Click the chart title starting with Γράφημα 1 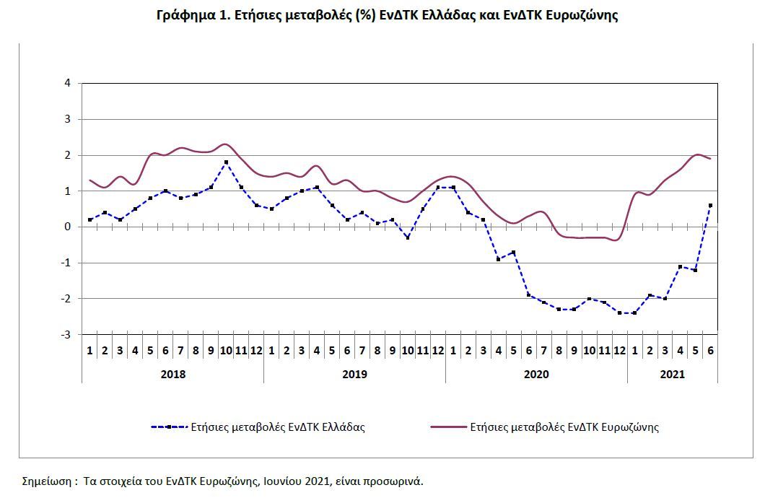[x=387, y=15]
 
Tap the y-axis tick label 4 [x=68, y=83]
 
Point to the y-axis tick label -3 [x=66, y=335]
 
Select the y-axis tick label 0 [x=68, y=227]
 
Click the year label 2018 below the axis [x=172, y=374]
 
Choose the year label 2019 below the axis [x=354, y=374]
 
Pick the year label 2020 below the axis [x=536, y=374]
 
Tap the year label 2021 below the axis [x=673, y=374]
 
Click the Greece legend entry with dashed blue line [x=258, y=427]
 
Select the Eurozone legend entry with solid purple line [x=545, y=427]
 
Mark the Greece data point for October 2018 [x=226, y=162]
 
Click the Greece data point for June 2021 [x=710, y=206]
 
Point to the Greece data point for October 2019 [x=407, y=237]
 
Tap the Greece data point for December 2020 [x=620, y=313]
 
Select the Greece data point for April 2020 [x=498, y=259]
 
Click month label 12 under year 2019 [x=437, y=351]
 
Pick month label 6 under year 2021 [x=710, y=351]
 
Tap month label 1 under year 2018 [x=89, y=351]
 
